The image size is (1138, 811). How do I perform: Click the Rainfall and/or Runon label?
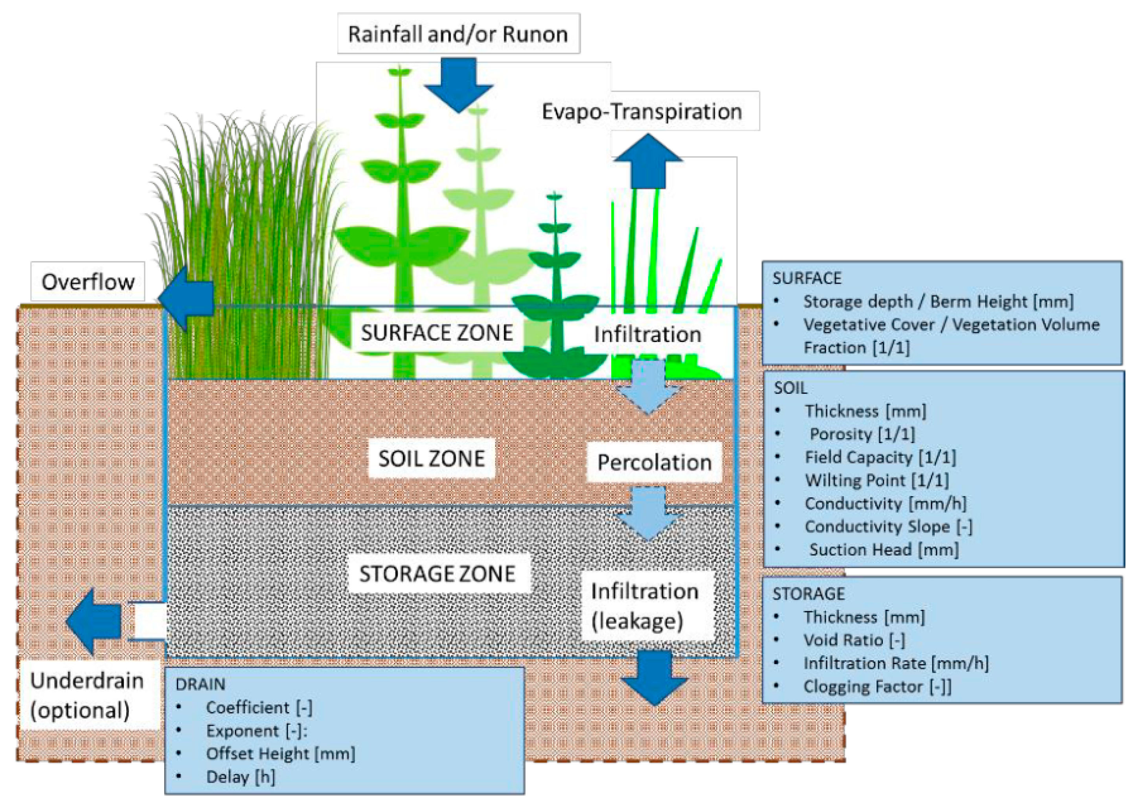pyautogui.click(x=458, y=34)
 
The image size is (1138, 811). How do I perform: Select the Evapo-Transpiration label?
pyautogui.click(x=642, y=111)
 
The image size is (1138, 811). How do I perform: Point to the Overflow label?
pyautogui.click(x=88, y=282)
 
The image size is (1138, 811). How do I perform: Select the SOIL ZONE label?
pyautogui.click(x=431, y=458)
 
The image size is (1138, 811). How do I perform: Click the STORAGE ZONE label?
pyautogui.click(x=437, y=574)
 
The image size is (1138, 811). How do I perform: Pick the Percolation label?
pyautogui.click(x=654, y=462)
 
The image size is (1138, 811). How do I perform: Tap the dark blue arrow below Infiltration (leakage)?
pyautogui.click(x=654, y=677)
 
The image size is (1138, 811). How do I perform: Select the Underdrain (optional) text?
pyautogui.click(x=87, y=696)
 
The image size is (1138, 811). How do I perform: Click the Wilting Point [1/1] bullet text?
pyautogui.click(x=877, y=480)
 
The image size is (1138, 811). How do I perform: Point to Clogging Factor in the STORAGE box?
pyautogui.click(x=877, y=687)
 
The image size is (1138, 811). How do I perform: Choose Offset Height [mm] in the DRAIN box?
pyautogui.click(x=280, y=754)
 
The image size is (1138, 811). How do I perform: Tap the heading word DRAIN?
pyautogui.click(x=200, y=684)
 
